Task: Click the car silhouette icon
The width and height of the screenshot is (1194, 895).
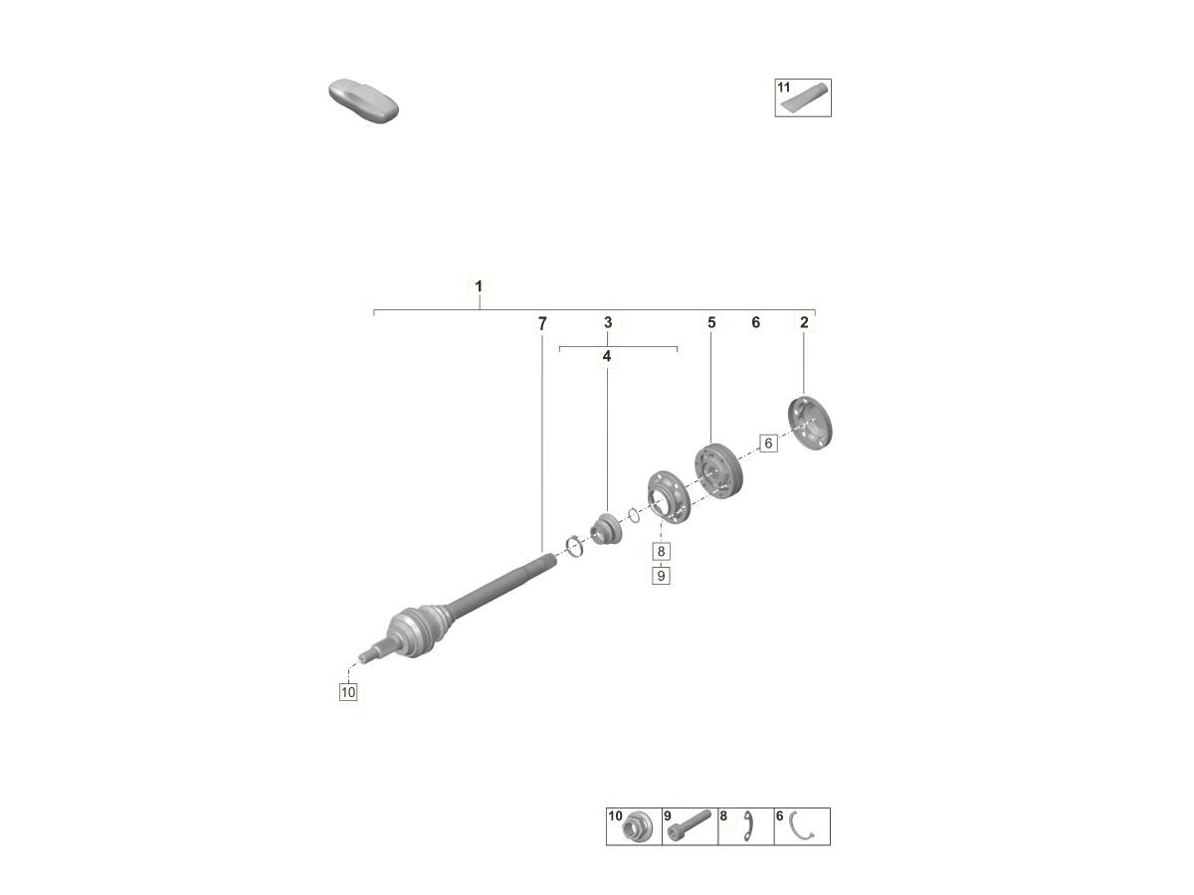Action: (363, 101)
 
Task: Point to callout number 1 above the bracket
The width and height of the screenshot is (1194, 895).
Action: (479, 286)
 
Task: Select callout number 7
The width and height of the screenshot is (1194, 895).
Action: (542, 324)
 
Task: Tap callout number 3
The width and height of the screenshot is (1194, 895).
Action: (608, 322)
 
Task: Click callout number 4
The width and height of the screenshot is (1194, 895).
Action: (607, 356)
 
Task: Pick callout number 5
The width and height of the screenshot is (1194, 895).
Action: (711, 322)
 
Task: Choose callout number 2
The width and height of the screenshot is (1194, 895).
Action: (804, 322)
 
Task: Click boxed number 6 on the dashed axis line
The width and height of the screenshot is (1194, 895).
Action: (768, 444)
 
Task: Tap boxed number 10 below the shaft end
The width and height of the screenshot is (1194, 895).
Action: (348, 692)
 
